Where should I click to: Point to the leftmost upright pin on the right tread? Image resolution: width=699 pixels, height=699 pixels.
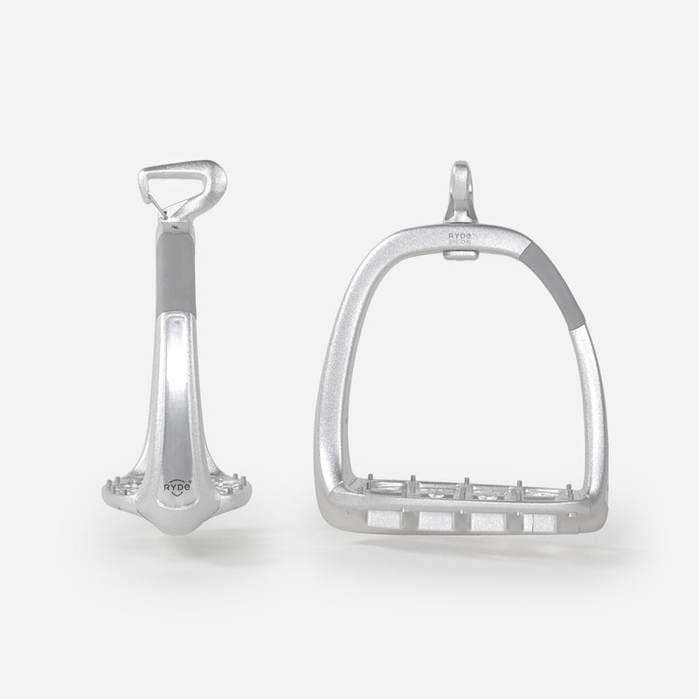pos(372,481)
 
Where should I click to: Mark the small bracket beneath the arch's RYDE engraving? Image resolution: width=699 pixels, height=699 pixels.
pos(460,254)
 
